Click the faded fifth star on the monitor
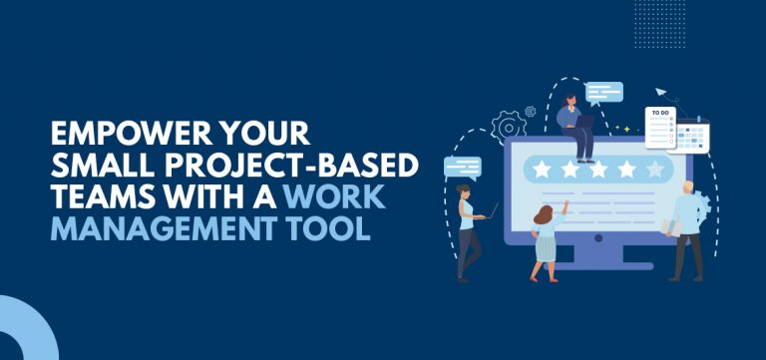655,169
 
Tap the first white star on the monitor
542,169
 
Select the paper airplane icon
661,92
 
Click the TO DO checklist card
660,127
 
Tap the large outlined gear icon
509,128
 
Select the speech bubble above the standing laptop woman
462,168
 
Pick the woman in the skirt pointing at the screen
548,240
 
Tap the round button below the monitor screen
598,237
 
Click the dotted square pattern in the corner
659,24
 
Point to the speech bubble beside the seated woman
604,93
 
